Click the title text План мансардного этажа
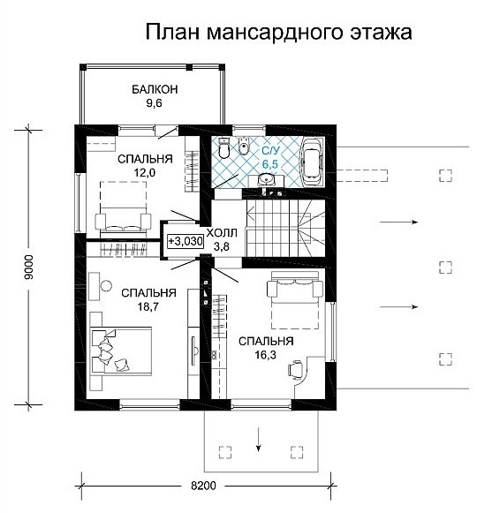pyautogui.click(x=278, y=33)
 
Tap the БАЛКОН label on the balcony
pyautogui.click(x=155, y=89)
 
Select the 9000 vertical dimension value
pyautogui.click(x=29, y=267)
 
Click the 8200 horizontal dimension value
pyautogui.click(x=203, y=486)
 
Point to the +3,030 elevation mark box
pyautogui.click(x=185, y=241)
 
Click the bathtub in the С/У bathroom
pyautogui.click(x=314, y=162)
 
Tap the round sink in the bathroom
pyautogui.click(x=266, y=179)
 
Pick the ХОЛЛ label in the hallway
pyautogui.click(x=222, y=233)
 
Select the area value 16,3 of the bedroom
pyautogui.click(x=265, y=355)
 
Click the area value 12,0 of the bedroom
pyautogui.click(x=145, y=172)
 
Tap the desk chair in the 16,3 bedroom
pyautogui.click(x=295, y=369)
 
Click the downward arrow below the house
pyautogui.click(x=259, y=440)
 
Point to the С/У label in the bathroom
pyautogui.click(x=271, y=151)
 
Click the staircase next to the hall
pyautogui.click(x=285, y=229)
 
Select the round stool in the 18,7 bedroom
pyautogui.click(x=106, y=286)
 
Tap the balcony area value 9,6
pyautogui.click(x=155, y=103)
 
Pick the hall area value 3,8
pyautogui.click(x=222, y=247)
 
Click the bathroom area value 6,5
pyautogui.click(x=270, y=164)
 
